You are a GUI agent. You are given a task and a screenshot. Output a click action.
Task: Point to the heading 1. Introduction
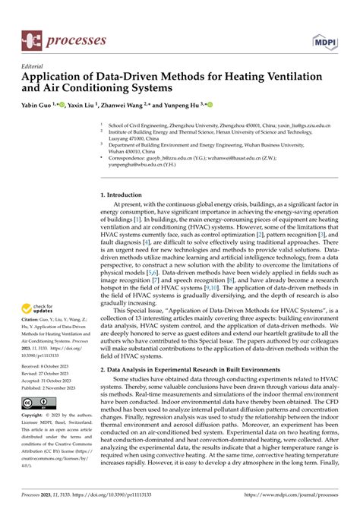[x=127, y=195]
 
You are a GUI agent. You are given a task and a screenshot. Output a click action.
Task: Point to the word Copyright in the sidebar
[x=35, y=416]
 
